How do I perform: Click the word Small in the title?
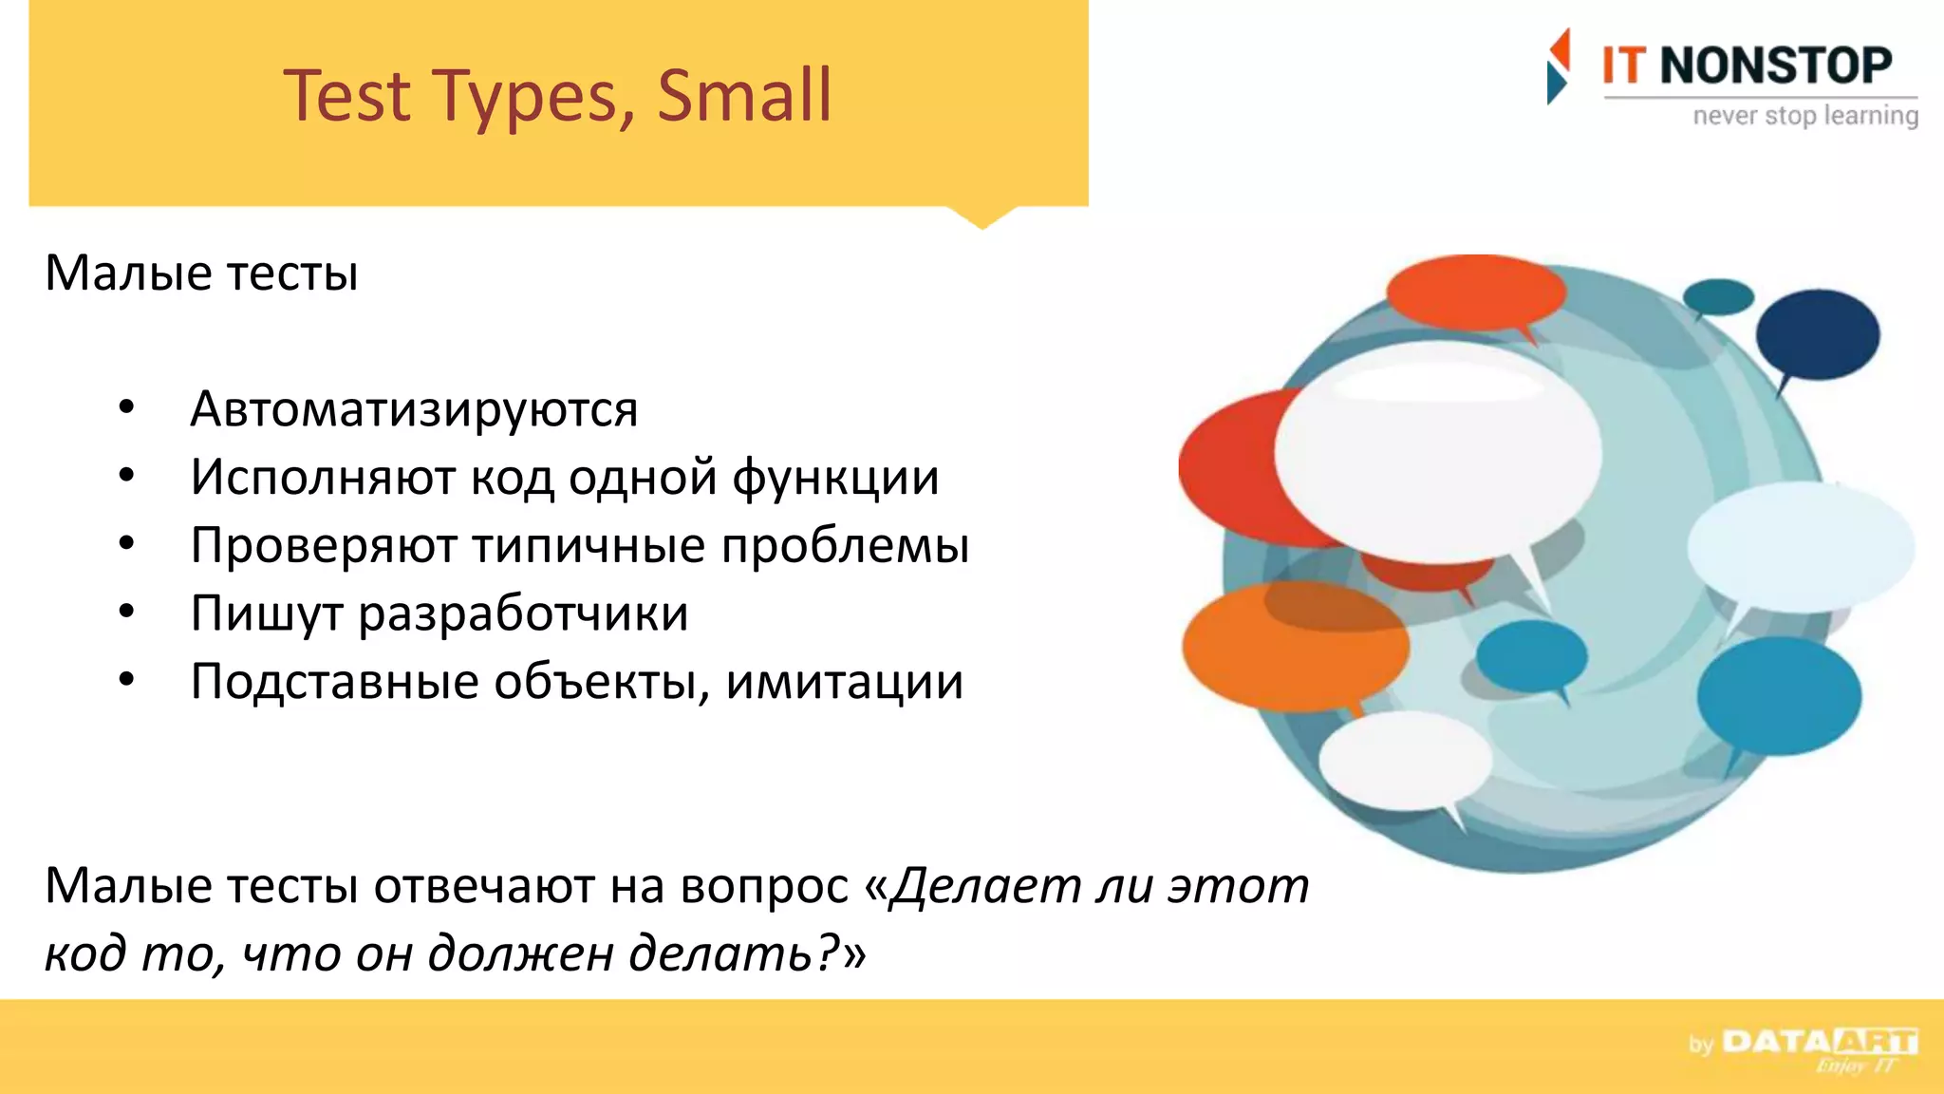pyautogui.click(x=743, y=96)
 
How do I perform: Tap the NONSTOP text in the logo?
pyautogui.click(x=1775, y=66)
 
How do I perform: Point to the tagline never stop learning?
pyautogui.click(x=1804, y=116)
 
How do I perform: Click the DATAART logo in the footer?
pyautogui.click(x=1818, y=1043)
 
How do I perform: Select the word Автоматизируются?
pyautogui.click(x=414, y=409)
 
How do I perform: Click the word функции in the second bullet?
pyautogui.click(x=835, y=478)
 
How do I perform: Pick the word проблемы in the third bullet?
pyautogui.click(x=845, y=546)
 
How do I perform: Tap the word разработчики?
pyautogui.click(x=523, y=613)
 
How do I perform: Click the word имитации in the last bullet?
pyautogui.click(x=844, y=682)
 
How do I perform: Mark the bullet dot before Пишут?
pyautogui.click(x=126, y=612)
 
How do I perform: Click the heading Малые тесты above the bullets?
pyautogui.click(x=201, y=273)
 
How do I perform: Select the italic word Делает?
pyautogui.click(x=982, y=886)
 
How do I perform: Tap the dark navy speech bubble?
pyautogui.click(x=1817, y=334)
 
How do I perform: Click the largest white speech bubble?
pyautogui.click(x=1436, y=451)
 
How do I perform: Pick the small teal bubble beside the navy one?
pyautogui.click(x=1718, y=296)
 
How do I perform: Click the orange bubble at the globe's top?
pyautogui.click(x=1475, y=292)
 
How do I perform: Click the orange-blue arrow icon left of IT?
pyautogui.click(x=1558, y=66)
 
